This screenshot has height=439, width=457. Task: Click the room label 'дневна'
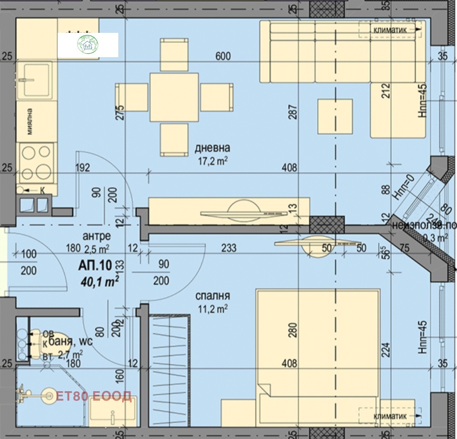pyautogui.click(x=212, y=148)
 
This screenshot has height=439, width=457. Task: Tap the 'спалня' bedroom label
pyautogui.click(x=213, y=296)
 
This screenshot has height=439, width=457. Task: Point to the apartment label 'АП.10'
pyautogui.click(x=95, y=265)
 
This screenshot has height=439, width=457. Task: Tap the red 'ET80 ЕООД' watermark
pyautogui.click(x=94, y=397)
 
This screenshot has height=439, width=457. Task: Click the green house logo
pyautogui.click(x=88, y=45)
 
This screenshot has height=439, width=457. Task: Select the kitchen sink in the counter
pyautogui.click(x=36, y=79)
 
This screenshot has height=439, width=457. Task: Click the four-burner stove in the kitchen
pyautogui.click(x=36, y=163)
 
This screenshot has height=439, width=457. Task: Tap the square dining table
pyautogui.click(x=174, y=97)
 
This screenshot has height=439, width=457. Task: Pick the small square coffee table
pyautogui.click(x=335, y=116)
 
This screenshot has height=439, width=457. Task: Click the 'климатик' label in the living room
pyautogui.click(x=389, y=29)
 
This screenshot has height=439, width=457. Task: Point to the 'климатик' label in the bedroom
pyautogui.click(x=389, y=415)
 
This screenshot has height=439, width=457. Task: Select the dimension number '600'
pyautogui.click(x=223, y=56)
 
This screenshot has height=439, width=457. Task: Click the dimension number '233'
pyautogui.click(x=229, y=248)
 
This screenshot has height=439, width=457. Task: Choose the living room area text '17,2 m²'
pyautogui.click(x=212, y=161)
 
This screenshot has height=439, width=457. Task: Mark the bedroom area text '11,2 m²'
pyautogui.click(x=213, y=309)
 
